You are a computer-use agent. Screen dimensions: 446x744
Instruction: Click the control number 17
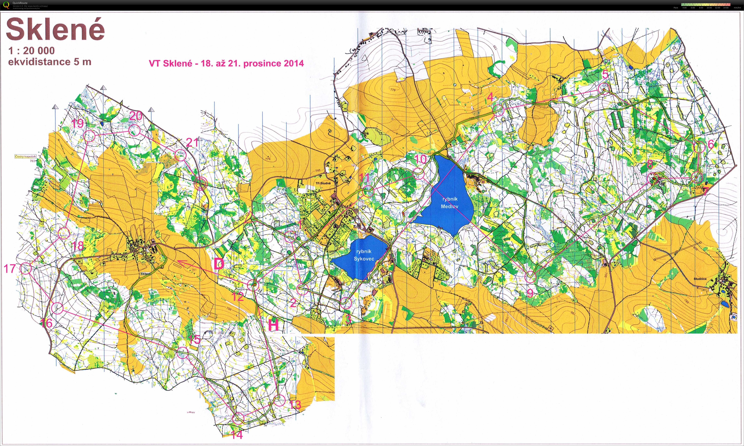(x=10, y=268)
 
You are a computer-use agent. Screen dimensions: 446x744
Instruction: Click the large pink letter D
(x=219, y=264)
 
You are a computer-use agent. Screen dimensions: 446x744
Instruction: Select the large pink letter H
(x=273, y=325)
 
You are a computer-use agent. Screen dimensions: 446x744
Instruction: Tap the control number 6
(x=711, y=144)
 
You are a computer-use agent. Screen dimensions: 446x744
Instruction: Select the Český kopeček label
(x=26, y=156)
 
